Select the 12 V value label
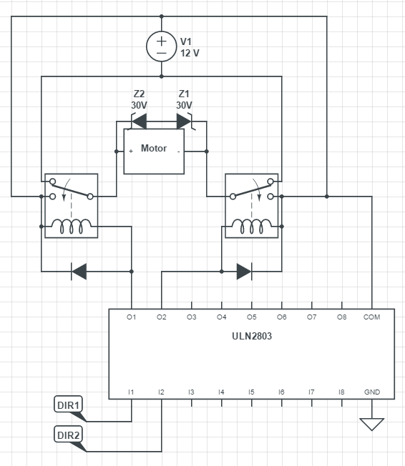coord(190,53)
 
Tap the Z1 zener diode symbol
coord(185,122)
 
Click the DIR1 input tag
coord(69,406)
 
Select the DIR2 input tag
coord(69,434)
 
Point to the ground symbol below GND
coord(371,424)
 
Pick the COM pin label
coord(371,316)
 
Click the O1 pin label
coord(132,316)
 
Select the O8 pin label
coord(341,316)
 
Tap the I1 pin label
coord(132,392)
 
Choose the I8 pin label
coord(341,392)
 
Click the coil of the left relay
coord(72,227)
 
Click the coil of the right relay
coord(251,227)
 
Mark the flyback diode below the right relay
coord(244,271)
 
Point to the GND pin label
coord(371,392)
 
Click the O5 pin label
coord(251,316)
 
